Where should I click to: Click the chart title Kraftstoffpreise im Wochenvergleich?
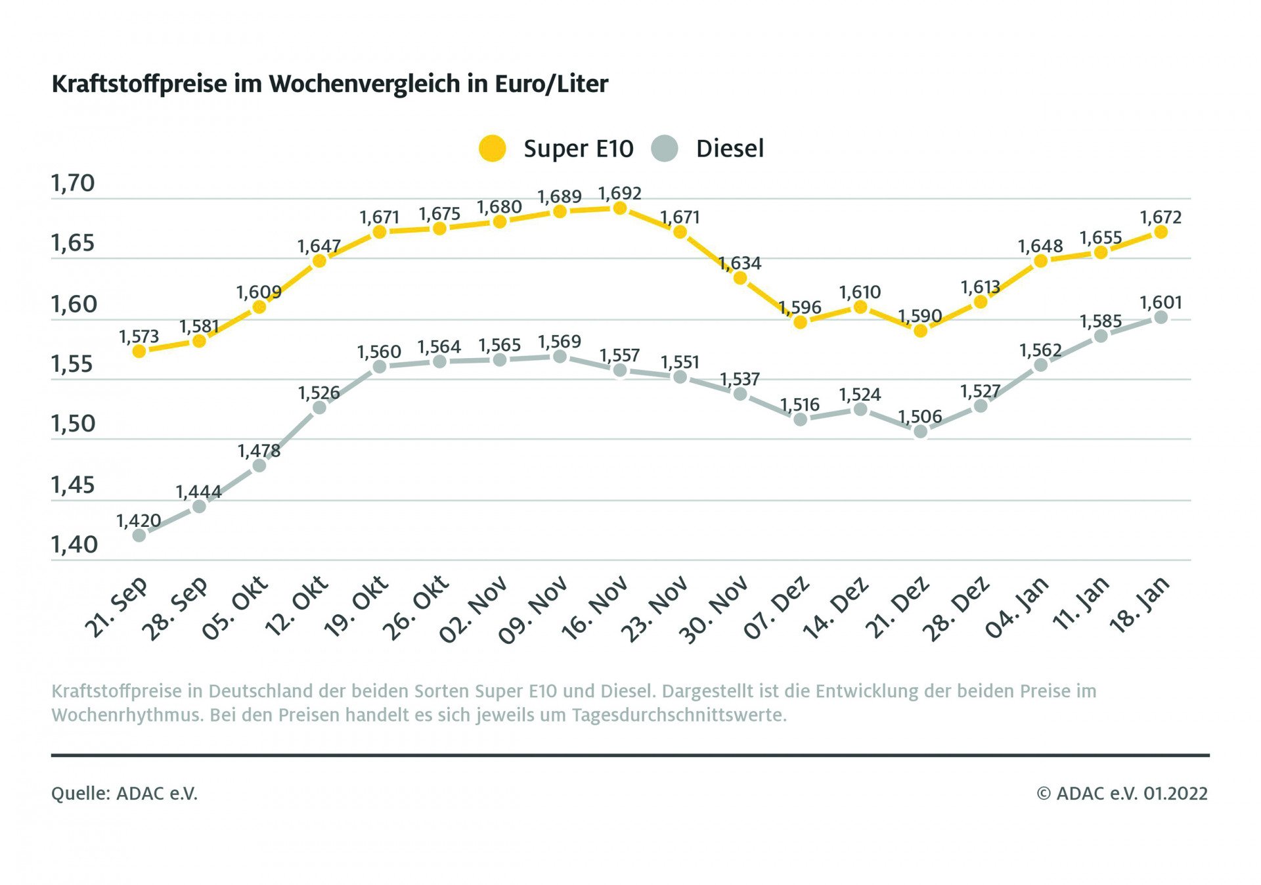[330, 84]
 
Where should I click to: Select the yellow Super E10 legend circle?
[492, 148]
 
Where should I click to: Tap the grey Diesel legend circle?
[665, 148]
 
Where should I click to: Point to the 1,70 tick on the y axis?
[73, 183]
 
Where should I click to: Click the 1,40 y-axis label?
[74, 545]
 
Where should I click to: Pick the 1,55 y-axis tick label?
[73, 365]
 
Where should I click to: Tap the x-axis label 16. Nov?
[594, 608]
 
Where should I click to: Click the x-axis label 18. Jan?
[1140, 604]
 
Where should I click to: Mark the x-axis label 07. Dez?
[776, 608]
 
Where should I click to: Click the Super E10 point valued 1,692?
[619, 208]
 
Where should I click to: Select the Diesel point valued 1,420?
[139, 535]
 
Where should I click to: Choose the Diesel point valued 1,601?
[1161, 317]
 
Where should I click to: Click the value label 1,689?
[560, 196]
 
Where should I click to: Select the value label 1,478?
[259, 451]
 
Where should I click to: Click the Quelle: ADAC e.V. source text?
[124, 794]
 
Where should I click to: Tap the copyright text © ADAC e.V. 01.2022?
[1122, 794]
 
